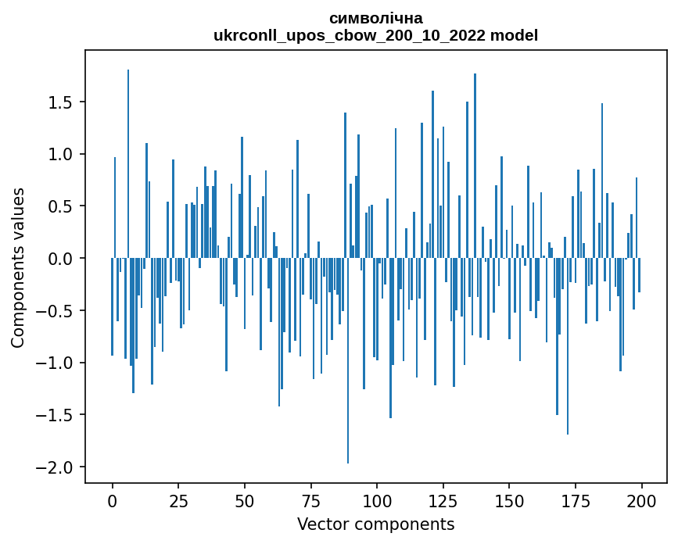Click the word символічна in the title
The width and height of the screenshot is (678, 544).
point(375,18)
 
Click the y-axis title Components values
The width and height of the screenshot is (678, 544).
point(18,268)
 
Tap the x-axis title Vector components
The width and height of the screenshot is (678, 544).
point(375,524)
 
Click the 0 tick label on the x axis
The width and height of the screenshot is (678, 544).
point(113,500)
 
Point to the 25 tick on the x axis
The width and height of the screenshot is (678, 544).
point(178,500)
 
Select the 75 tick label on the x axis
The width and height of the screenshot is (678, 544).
point(310,500)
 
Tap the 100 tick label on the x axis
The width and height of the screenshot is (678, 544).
point(377,500)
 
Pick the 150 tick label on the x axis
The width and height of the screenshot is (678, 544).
point(509,500)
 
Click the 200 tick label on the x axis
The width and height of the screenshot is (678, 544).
point(641,500)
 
